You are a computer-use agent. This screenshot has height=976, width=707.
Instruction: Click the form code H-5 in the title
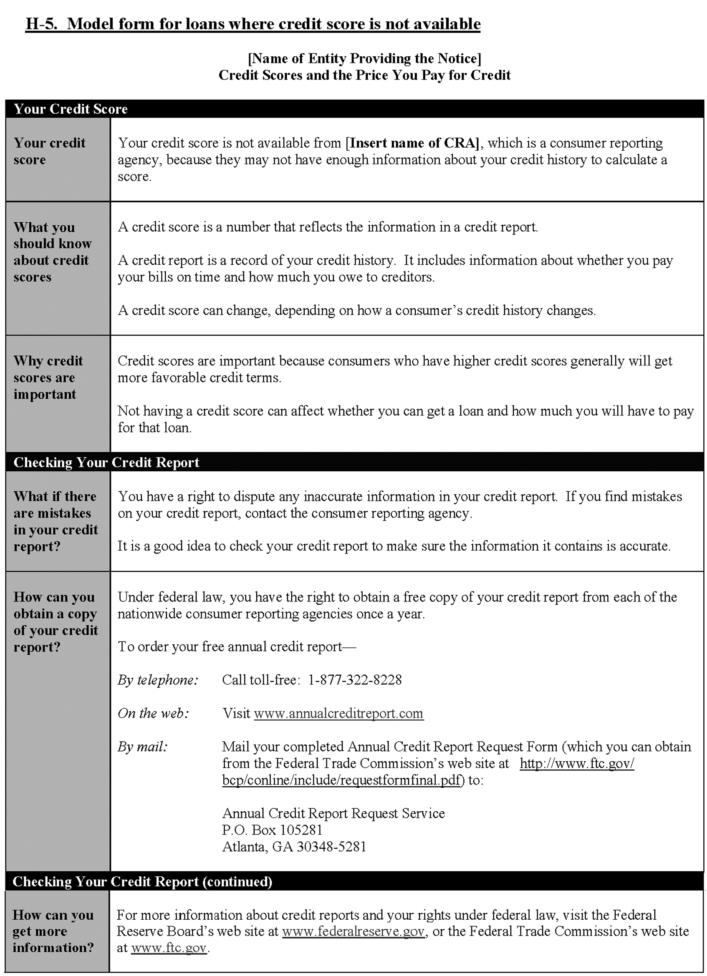[x=41, y=24]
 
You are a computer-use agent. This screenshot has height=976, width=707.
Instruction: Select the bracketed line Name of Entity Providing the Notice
[x=364, y=58]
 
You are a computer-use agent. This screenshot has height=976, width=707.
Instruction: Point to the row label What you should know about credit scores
[x=52, y=252]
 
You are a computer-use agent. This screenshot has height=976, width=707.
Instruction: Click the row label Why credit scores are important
[x=48, y=377]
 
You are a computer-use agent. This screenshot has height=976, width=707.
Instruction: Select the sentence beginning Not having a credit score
[x=405, y=419]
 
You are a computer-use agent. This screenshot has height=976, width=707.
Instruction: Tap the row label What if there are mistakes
[x=56, y=521]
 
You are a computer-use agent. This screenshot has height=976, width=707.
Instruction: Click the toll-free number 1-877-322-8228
[x=355, y=680]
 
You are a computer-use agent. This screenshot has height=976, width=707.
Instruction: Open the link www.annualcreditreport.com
[x=338, y=714]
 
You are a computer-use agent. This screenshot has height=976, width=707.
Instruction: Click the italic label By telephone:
[x=158, y=680]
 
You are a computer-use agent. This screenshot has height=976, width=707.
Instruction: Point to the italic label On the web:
[x=153, y=714]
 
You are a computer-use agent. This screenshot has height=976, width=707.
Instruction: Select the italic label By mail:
[x=142, y=747]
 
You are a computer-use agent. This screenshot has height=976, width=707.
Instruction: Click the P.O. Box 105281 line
[x=272, y=830]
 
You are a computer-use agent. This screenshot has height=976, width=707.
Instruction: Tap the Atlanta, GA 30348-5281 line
[x=294, y=847]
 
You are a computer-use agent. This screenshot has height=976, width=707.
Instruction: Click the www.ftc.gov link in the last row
[x=169, y=948]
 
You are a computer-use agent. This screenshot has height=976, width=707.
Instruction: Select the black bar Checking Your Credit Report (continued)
[x=142, y=881]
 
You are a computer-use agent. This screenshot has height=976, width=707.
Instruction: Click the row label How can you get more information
[x=53, y=931]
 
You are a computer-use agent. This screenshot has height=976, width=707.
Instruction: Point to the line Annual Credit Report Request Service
[x=333, y=813]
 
